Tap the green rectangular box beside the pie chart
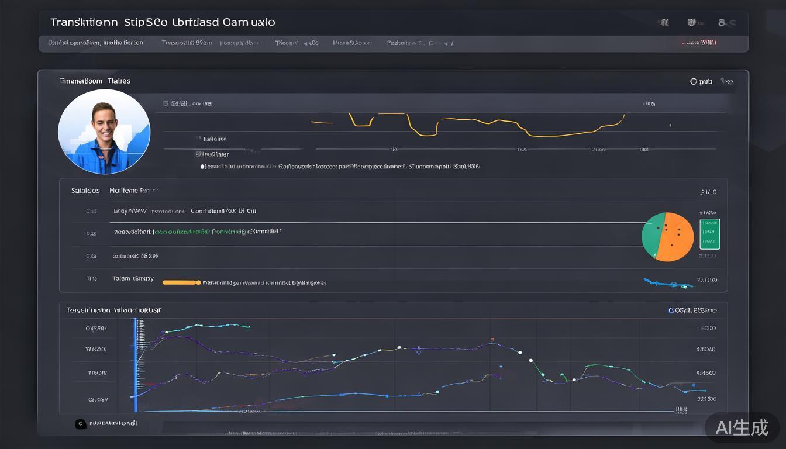click(709, 234)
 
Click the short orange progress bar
click(181, 282)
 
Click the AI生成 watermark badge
click(742, 427)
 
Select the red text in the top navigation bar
click(701, 43)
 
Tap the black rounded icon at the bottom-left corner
click(81, 424)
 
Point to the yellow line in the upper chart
click(468, 124)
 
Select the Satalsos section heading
click(85, 191)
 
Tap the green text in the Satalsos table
click(181, 232)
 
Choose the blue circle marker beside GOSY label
click(671, 310)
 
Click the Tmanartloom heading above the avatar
click(95, 81)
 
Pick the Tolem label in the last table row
click(121, 278)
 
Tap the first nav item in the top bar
click(95, 43)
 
